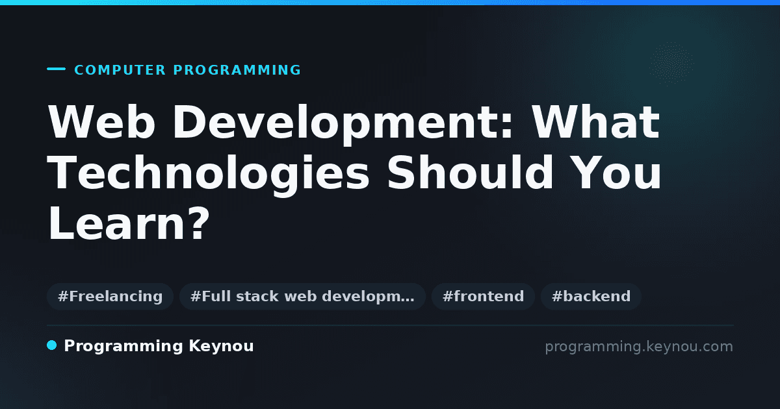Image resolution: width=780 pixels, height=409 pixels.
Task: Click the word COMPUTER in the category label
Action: (x=120, y=70)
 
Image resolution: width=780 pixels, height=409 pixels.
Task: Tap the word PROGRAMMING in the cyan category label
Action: (x=237, y=70)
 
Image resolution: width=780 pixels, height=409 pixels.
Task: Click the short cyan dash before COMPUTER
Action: (x=56, y=69)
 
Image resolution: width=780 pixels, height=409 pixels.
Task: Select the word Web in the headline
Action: (x=101, y=122)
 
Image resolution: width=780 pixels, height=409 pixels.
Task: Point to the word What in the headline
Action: (x=596, y=122)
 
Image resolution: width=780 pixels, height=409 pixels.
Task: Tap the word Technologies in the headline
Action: (x=208, y=175)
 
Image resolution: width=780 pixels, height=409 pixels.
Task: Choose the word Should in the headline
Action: (x=470, y=173)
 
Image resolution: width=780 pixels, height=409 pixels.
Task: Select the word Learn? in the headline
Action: (x=129, y=223)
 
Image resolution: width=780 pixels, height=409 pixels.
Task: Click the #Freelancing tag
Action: (x=110, y=296)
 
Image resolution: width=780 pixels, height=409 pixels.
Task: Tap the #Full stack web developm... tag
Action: (x=302, y=296)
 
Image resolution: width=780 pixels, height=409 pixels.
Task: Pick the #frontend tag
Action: (x=483, y=296)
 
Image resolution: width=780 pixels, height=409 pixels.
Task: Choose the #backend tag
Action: (x=591, y=296)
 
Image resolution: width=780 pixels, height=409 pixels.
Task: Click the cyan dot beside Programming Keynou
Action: (x=52, y=345)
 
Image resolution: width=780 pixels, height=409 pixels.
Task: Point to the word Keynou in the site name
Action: (x=221, y=347)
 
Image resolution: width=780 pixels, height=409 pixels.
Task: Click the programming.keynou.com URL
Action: (x=639, y=347)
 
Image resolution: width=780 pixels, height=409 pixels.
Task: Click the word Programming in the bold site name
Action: (x=123, y=347)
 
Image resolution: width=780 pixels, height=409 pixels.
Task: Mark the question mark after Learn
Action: (x=200, y=223)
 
